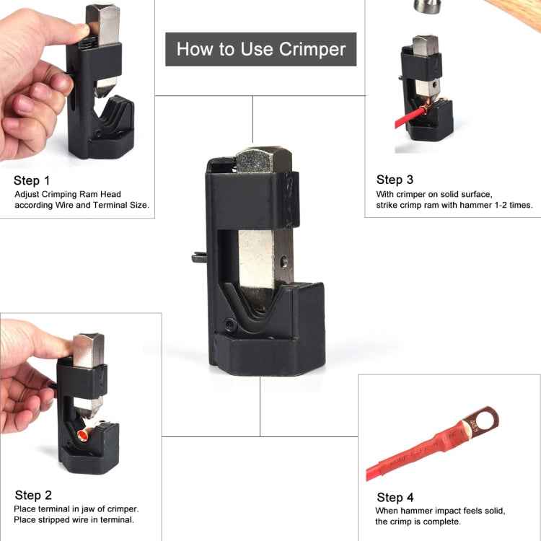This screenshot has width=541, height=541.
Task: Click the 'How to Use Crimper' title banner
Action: click(260, 49)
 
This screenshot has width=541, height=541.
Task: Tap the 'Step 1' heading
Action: click(32, 180)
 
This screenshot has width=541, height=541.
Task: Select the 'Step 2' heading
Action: click(33, 495)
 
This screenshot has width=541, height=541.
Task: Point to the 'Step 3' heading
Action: click(395, 180)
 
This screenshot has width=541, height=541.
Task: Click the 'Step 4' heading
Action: click(395, 497)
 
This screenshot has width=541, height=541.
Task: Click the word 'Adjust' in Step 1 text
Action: click(27, 194)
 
